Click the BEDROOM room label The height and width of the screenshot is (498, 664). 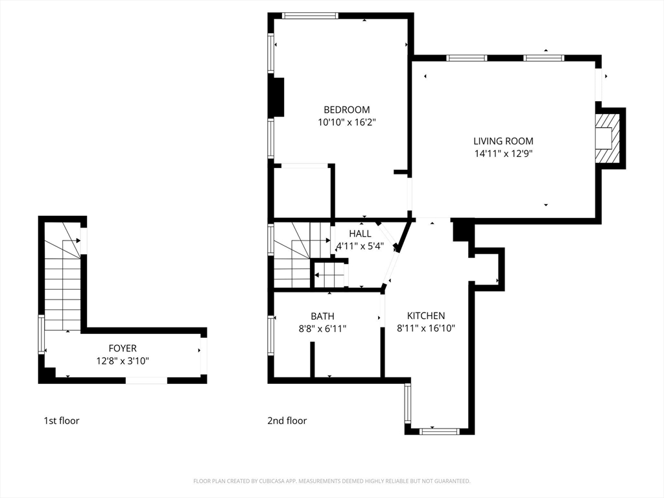tap(347, 110)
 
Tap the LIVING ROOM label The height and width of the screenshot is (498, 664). tap(503, 141)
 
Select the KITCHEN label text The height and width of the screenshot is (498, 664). tap(426, 316)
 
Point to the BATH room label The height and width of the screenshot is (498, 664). tap(323, 316)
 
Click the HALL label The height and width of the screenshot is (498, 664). tap(360, 233)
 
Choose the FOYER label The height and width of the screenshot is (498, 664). tap(123, 348)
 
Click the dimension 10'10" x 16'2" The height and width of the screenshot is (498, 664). tap(348, 123)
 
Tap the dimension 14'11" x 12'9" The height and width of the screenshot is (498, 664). tap(503, 153)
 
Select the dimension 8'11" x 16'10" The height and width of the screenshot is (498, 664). tap(426, 328)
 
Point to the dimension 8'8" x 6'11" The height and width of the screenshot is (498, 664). tap(323, 329)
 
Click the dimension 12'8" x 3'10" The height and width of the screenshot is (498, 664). tap(123, 361)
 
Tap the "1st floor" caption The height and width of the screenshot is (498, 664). tap(62, 420)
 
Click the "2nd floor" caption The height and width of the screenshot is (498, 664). tap(287, 420)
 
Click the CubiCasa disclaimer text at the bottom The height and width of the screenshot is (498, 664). tap(332, 481)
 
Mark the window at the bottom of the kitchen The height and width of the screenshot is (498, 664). tap(439, 431)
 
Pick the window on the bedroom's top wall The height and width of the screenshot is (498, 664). tap(311, 16)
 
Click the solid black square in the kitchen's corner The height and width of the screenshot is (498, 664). tap(462, 230)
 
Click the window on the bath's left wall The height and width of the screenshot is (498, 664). tap(271, 335)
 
